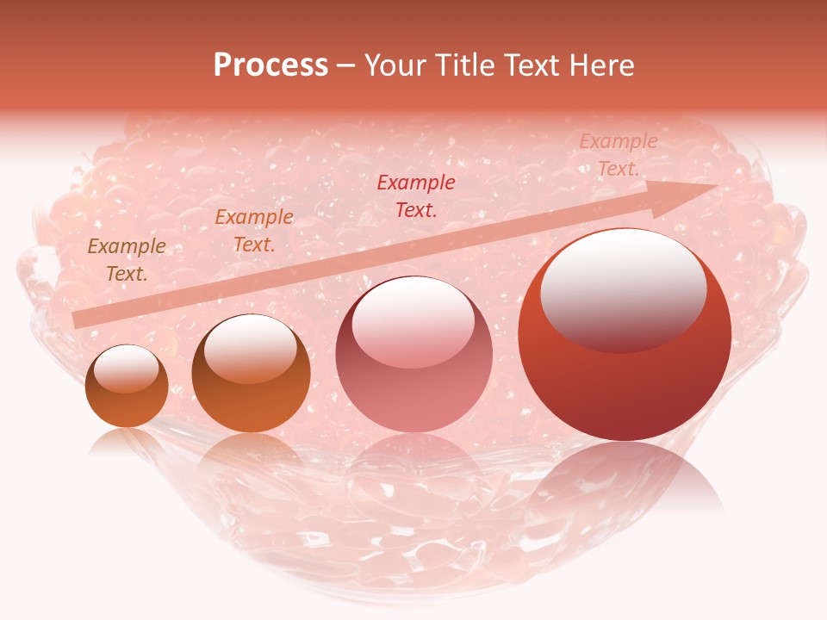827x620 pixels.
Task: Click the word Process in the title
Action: tap(270, 65)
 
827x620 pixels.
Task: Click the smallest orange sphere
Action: tap(127, 387)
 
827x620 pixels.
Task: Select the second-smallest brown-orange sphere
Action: tap(251, 374)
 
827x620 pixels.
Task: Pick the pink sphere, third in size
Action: tap(413, 355)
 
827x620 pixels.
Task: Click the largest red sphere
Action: tap(625, 336)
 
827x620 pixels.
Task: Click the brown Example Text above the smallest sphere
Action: tap(127, 259)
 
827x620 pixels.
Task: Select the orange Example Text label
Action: tap(254, 230)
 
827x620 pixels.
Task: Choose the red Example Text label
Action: tap(416, 195)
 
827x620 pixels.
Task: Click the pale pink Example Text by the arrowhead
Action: tap(618, 155)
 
